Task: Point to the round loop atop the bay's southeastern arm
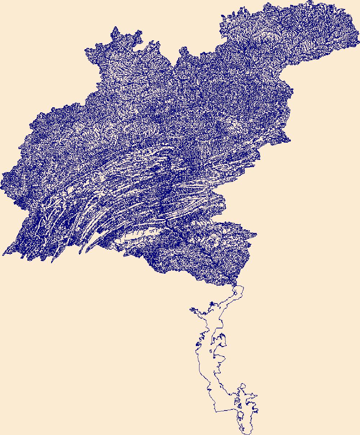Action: [243, 386]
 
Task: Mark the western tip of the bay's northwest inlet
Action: [190, 309]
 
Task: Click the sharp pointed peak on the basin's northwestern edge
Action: [115, 27]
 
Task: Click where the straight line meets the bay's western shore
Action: [215, 411]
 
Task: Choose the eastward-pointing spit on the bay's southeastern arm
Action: [256, 395]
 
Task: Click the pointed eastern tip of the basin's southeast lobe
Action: [256, 234]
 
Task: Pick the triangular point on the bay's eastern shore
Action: [225, 358]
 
